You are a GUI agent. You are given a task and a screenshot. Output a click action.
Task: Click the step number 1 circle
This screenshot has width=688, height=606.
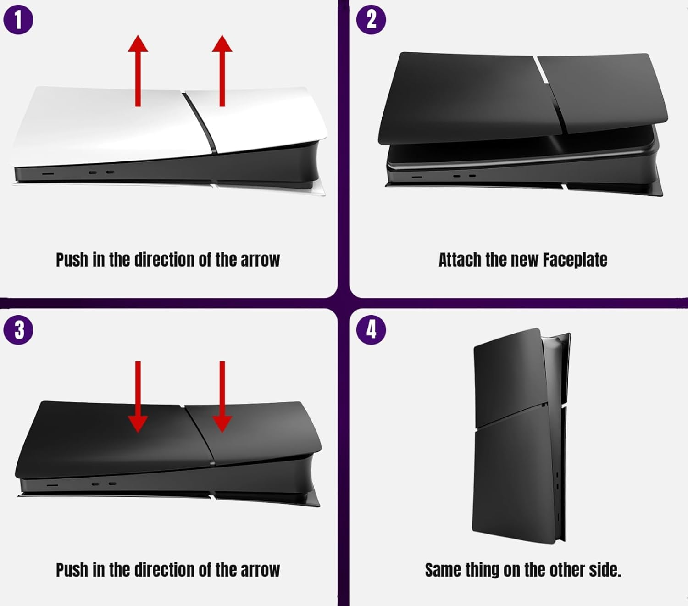pos(18,20)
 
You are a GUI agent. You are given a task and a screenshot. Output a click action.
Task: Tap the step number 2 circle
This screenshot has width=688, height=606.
pos(371,20)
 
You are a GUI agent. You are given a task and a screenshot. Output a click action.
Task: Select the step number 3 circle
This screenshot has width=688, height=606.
pos(18,330)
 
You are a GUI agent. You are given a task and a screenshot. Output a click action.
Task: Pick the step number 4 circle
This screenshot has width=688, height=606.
pos(371,330)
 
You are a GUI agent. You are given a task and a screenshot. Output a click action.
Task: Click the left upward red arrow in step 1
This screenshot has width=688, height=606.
pos(138,71)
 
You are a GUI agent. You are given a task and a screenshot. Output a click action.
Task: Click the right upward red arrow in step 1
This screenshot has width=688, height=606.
pos(222,71)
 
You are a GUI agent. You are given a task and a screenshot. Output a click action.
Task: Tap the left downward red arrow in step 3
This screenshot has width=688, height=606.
pos(138,397)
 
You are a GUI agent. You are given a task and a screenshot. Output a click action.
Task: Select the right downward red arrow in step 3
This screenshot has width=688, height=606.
pos(222,397)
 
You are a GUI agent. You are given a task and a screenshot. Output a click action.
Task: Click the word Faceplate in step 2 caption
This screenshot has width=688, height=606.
pos(575,260)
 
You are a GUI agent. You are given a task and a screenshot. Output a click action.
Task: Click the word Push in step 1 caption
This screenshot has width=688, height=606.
pos(72,260)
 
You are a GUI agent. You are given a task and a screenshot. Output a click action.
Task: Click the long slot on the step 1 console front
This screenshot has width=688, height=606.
pos(48,174)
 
